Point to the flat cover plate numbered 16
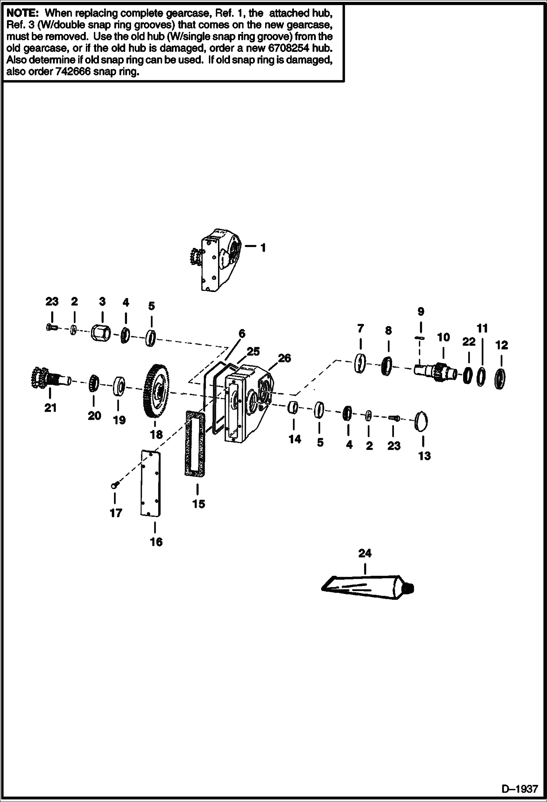click(x=151, y=484)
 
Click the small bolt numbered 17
click(x=114, y=485)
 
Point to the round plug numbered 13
click(x=422, y=421)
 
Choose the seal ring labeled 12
click(x=500, y=379)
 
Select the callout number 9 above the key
click(x=421, y=311)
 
